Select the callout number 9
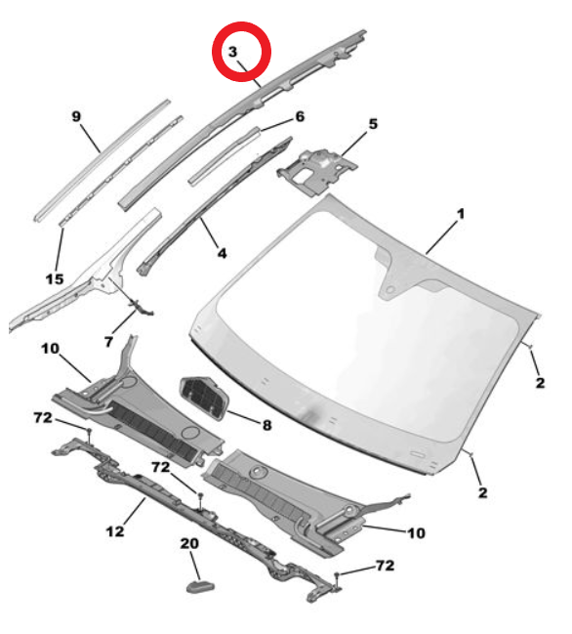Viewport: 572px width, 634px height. coord(76,116)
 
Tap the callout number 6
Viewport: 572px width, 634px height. coord(300,116)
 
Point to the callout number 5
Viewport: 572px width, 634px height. coord(373,124)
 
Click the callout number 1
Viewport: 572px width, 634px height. coord(461,214)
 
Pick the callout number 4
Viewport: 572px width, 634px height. coord(222,253)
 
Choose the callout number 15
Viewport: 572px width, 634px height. coord(55,278)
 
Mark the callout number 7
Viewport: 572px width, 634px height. coord(108,342)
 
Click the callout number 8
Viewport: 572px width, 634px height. coord(267,425)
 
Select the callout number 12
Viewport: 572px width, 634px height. coord(115,530)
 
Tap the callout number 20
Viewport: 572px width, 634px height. coord(189,543)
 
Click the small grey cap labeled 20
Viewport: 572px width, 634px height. coord(200,586)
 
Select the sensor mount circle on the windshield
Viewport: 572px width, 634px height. coord(389,289)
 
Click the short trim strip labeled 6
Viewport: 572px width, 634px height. coord(225,155)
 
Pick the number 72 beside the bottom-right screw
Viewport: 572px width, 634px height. coord(385,565)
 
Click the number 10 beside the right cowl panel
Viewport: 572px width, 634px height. coord(416,533)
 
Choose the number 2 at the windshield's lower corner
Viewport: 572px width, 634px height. coord(483,492)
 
